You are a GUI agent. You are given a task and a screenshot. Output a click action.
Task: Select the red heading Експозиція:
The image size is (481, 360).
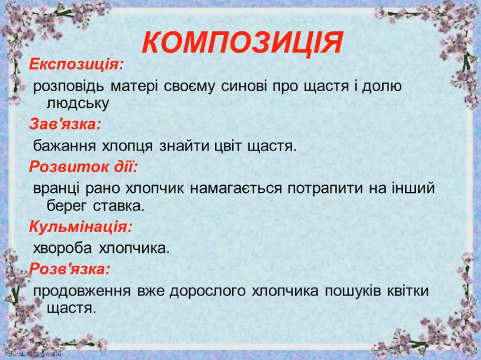(76, 65)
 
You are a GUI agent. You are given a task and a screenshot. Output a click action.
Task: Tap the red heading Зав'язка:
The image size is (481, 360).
(65, 124)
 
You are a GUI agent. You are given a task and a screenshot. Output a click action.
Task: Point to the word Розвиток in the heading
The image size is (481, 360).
(69, 167)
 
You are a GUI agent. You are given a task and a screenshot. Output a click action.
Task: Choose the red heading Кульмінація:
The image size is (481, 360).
(81, 227)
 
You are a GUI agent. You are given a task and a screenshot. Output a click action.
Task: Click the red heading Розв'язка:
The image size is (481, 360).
(69, 269)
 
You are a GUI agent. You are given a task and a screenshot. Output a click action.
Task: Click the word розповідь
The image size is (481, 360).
(68, 86)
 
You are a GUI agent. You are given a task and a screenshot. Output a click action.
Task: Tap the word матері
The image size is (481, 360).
(134, 86)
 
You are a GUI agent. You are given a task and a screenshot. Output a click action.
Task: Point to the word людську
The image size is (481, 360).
(78, 104)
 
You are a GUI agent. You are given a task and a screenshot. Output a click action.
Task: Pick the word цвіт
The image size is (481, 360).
(225, 146)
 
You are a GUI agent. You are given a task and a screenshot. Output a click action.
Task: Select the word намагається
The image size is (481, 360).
(236, 188)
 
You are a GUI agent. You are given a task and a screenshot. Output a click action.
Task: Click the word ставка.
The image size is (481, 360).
(118, 206)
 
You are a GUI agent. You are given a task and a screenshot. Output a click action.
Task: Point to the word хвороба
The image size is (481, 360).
(62, 248)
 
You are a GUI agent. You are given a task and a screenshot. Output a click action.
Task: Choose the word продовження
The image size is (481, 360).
(82, 291)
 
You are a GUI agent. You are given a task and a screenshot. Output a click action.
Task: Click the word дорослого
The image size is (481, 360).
(208, 291)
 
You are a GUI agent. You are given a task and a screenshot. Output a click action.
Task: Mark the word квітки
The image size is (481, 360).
(408, 290)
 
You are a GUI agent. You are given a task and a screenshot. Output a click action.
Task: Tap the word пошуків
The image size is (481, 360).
(352, 291)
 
